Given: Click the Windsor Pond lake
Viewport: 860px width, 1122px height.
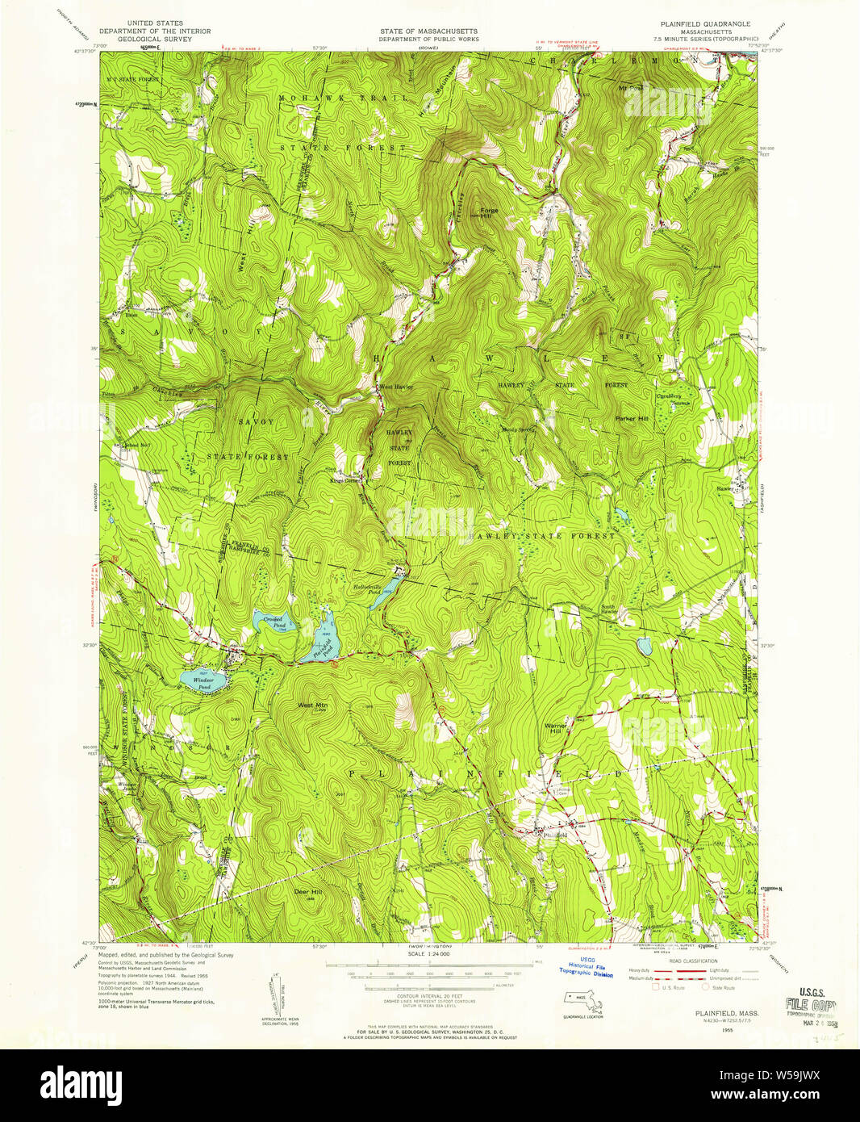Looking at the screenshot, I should coord(199,680).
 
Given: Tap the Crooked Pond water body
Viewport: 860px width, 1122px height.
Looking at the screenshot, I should coord(269,623).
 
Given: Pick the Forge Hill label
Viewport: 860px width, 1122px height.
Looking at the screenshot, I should coord(489,214).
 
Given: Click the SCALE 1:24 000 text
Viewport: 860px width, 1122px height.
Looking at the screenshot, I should coord(428,953).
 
